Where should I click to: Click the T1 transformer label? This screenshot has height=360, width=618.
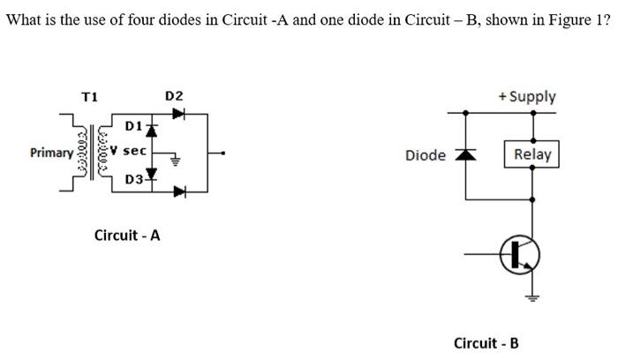coord(90,95)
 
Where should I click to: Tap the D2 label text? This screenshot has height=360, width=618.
coord(174,95)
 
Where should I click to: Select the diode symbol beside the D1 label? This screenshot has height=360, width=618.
coord(152,130)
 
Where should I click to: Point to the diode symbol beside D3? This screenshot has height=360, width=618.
coord(152,173)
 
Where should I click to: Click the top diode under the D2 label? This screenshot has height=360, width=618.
coord(179,113)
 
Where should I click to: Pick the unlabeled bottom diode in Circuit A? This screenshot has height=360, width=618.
coord(180,191)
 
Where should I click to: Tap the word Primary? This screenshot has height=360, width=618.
coord(51,153)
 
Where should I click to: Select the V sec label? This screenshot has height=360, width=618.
coord(132,151)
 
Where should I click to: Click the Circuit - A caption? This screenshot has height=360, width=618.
coord(127,236)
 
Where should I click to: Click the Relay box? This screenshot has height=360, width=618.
coord(531,155)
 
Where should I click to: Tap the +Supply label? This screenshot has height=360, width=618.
coord(527,96)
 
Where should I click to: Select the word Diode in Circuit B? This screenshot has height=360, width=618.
coord(425,155)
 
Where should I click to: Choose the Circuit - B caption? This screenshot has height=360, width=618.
coord(486,342)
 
